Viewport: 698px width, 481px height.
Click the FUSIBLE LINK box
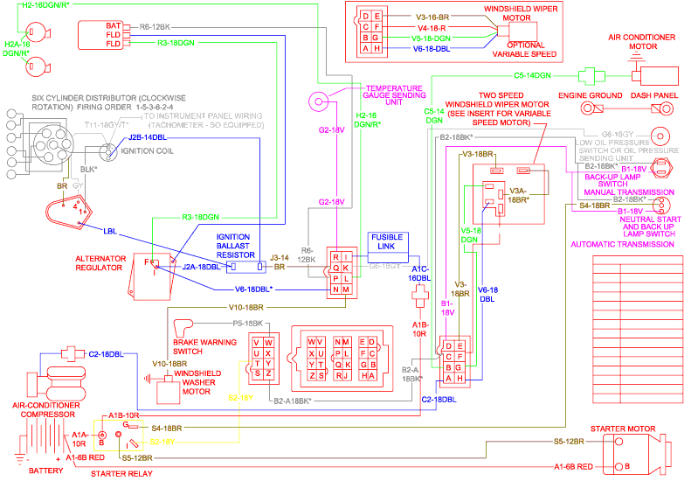click(x=387, y=242)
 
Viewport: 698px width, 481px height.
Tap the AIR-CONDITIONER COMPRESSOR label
click(x=47, y=410)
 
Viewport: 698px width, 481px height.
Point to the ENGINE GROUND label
click(x=591, y=94)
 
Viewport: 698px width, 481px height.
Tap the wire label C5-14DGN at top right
click(x=532, y=75)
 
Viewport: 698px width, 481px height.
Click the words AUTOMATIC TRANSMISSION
click(x=621, y=245)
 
